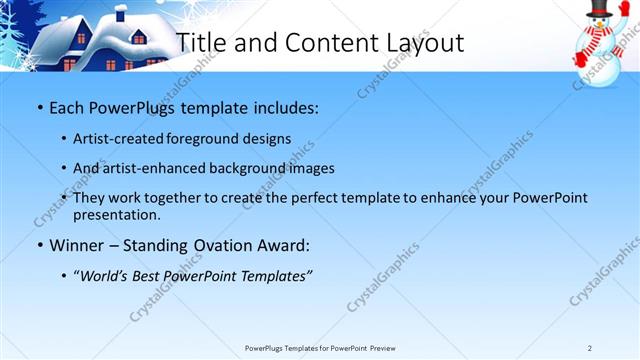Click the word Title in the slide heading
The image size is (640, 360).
[x=200, y=42]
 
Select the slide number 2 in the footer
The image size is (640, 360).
[x=590, y=348]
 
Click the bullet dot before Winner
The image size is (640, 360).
[x=38, y=245]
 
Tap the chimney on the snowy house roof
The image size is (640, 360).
[x=120, y=13]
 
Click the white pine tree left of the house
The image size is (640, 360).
[x=12, y=40]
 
